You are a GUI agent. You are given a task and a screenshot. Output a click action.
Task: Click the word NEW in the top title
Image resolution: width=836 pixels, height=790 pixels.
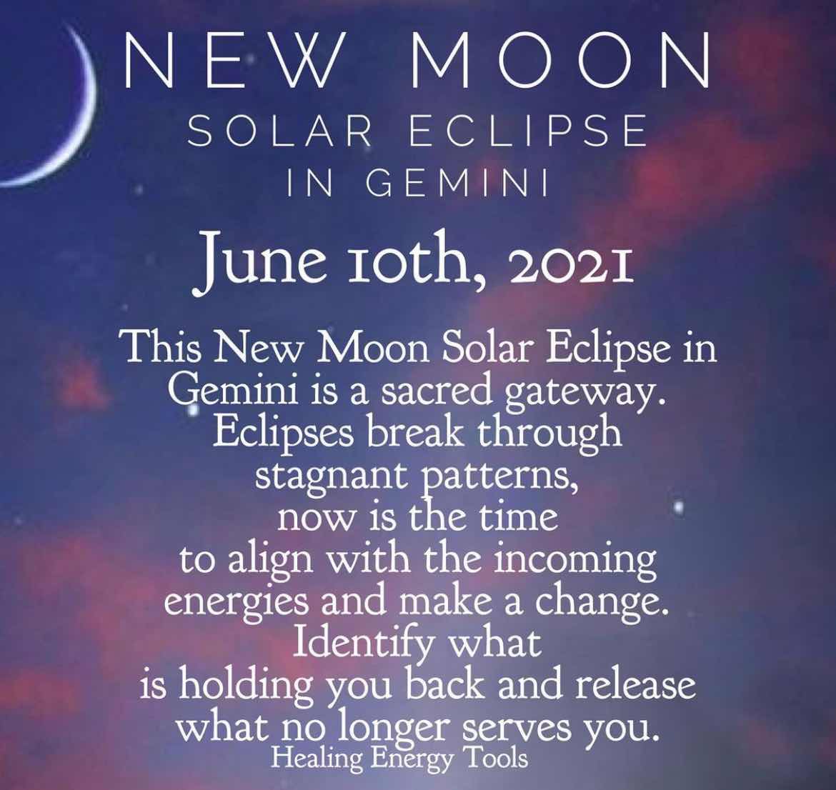point(230,59)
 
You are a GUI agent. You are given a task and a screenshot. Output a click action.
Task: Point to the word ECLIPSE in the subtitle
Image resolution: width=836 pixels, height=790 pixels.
point(528,131)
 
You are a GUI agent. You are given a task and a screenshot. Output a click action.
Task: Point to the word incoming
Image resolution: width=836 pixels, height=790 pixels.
point(576,561)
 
